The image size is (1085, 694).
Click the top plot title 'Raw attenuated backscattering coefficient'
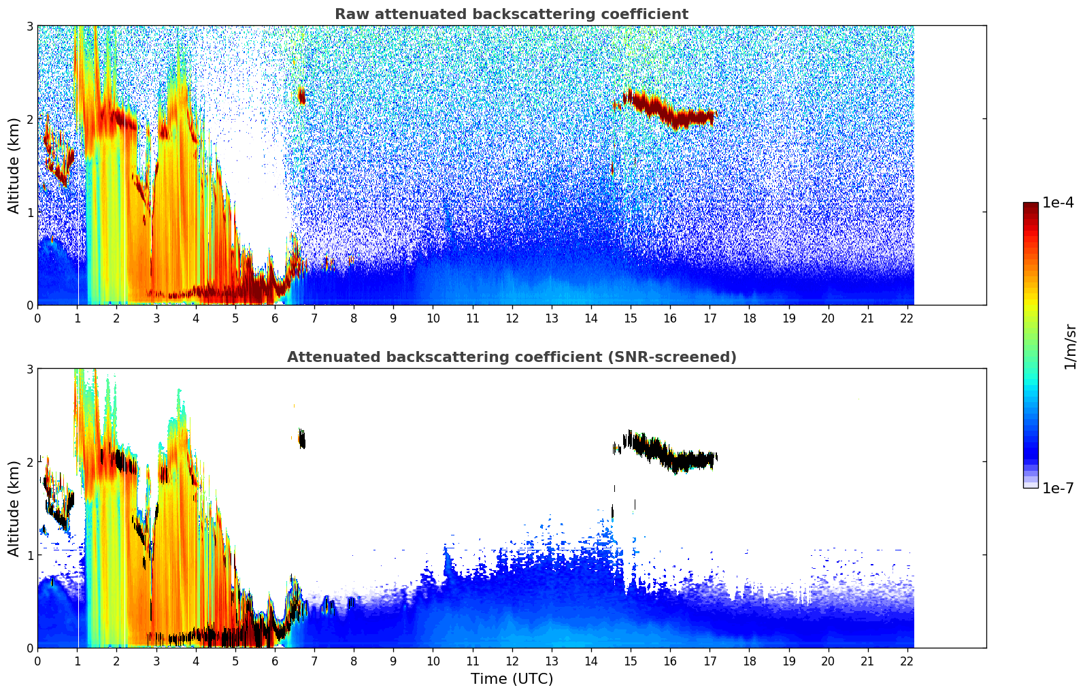[x=511, y=14]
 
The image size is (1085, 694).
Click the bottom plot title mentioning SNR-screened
[x=511, y=357]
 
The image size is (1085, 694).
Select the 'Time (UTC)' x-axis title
[x=512, y=678]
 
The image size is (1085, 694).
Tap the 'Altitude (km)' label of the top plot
[x=14, y=165]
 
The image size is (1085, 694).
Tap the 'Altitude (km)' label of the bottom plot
[x=14, y=508]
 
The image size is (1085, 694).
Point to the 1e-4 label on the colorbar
[x=1058, y=203]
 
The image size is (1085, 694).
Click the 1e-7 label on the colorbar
[x=1058, y=488]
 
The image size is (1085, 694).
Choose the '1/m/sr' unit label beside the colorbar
[x=1070, y=346]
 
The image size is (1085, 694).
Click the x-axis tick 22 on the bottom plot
[x=907, y=661]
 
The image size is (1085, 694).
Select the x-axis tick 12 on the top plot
[x=512, y=318]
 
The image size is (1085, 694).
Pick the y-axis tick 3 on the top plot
[x=29, y=26]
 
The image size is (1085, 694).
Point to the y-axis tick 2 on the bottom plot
[x=29, y=462]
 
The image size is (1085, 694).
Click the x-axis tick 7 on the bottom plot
[x=314, y=661]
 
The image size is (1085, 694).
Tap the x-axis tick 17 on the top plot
[x=710, y=318]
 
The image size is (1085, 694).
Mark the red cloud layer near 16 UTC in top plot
[x=670, y=113]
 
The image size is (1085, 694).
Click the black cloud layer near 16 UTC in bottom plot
[x=670, y=457]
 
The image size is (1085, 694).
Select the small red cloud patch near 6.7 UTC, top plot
[x=302, y=96]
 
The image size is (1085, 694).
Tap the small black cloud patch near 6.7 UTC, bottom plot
[x=302, y=439]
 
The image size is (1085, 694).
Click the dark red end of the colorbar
[x=1031, y=206]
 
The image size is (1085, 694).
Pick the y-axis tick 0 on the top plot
[x=29, y=305]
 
